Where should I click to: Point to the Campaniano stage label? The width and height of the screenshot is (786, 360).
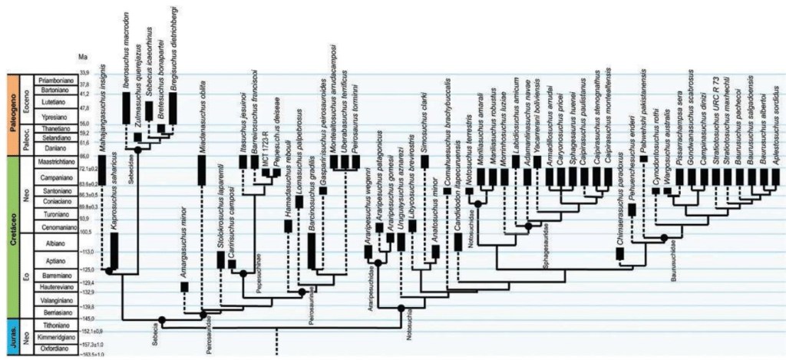tap(54, 176)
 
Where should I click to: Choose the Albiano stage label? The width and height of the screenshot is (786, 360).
tap(54, 241)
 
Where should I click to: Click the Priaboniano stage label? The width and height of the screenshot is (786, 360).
tap(54, 78)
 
